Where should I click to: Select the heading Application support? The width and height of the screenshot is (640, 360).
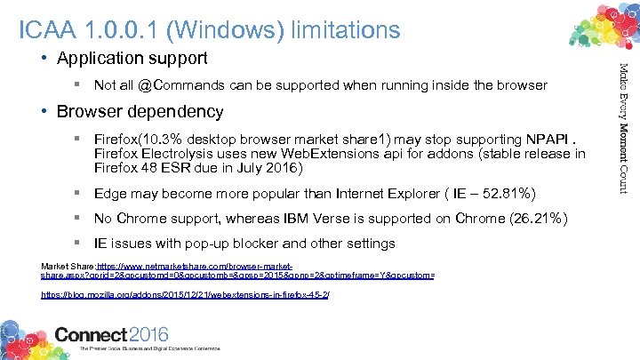tap(132, 59)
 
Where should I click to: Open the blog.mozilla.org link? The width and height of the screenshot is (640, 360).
tap(185, 293)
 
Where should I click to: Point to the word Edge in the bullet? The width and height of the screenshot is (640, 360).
tap(109, 193)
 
